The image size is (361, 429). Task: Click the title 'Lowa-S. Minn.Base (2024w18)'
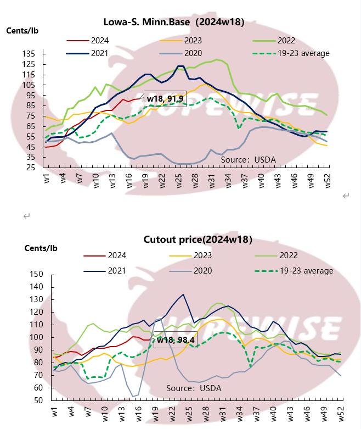tap(174, 22)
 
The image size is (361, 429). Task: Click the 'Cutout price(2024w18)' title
tap(198, 239)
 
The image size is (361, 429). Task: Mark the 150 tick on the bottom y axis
tap(35, 274)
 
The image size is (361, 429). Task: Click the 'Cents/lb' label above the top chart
tap(22, 31)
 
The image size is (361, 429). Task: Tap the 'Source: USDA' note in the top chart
tap(248, 160)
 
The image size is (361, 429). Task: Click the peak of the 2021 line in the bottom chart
tap(183, 294)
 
